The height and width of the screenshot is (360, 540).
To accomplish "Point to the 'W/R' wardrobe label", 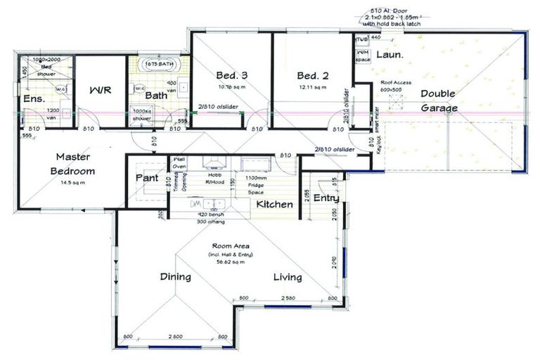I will point(99,90).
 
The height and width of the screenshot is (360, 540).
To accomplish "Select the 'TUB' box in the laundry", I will point(362,39).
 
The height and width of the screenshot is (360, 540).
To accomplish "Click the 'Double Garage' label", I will point(439,101).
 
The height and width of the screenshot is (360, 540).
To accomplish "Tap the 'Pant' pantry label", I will point(147,178).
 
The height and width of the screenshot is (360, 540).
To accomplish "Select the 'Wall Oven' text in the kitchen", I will point(179,164).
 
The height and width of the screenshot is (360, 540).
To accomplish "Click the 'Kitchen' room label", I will point(274,204).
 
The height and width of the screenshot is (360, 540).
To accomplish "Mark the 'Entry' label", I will point(327,198).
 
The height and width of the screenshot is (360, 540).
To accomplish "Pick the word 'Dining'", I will point(175,277).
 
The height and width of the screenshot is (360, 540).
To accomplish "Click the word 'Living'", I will point(288,277).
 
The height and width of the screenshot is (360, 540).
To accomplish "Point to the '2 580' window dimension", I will point(288,300).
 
